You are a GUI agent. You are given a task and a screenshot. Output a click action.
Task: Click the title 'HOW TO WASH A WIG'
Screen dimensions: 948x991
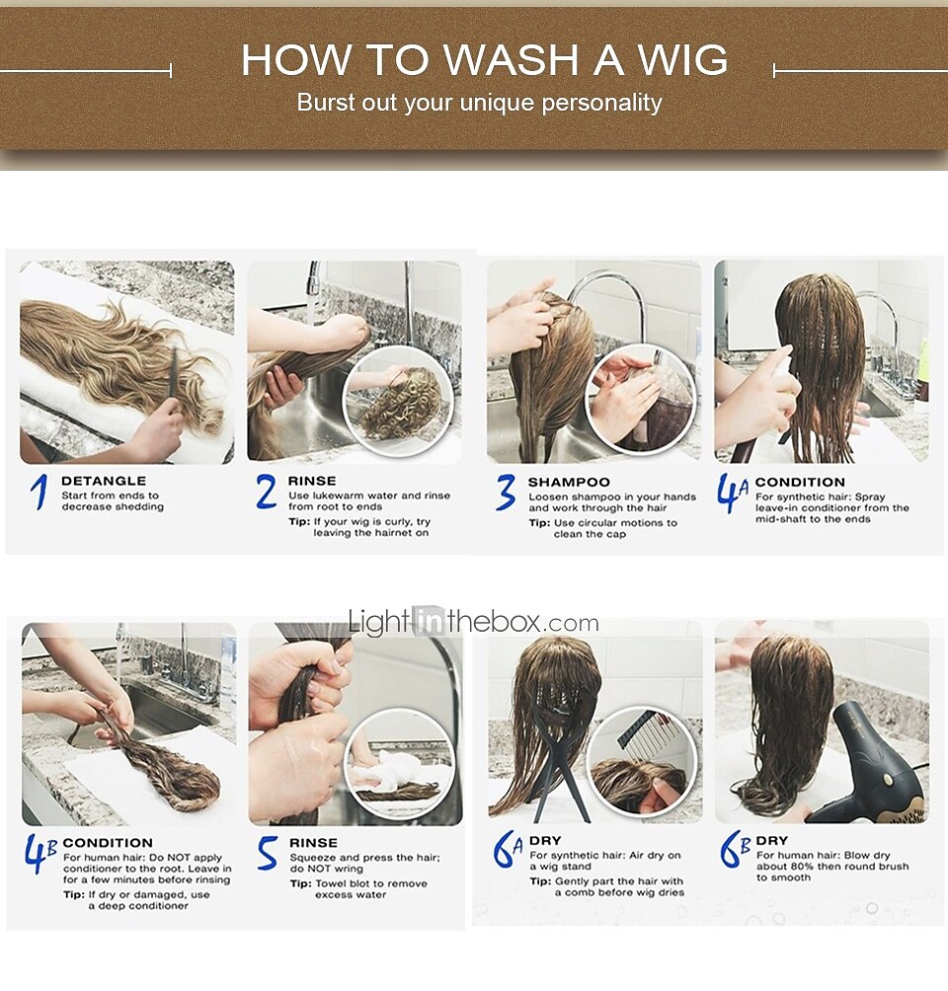click(x=485, y=60)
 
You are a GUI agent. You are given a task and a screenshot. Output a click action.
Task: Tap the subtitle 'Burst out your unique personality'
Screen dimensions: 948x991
click(x=479, y=103)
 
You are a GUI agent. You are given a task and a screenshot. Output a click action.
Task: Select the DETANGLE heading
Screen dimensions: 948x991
click(x=104, y=481)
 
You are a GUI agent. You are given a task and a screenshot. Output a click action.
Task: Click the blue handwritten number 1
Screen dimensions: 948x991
click(x=39, y=492)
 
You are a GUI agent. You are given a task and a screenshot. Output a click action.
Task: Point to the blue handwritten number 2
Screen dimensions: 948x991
click(x=267, y=492)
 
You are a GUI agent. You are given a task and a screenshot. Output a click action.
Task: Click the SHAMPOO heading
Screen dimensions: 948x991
click(x=569, y=483)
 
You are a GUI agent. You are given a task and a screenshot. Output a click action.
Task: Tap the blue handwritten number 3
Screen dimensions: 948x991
click(x=506, y=493)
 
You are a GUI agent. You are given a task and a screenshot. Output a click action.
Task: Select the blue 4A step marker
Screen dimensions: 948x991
click(x=733, y=493)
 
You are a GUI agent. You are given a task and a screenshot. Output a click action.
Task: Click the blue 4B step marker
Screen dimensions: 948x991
click(x=40, y=853)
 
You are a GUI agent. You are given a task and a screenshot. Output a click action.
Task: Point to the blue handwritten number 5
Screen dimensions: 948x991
click(x=267, y=853)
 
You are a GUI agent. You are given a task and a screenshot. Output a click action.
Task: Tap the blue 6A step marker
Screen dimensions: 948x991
click(x=508, y=850)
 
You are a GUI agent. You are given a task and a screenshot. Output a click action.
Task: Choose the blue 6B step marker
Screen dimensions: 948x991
click(x=735, y=850)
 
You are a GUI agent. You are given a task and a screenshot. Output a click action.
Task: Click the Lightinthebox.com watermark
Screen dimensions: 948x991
click(x=473, y=622)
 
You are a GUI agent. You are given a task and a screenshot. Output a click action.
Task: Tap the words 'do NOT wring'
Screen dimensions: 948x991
click(x=326, y=869)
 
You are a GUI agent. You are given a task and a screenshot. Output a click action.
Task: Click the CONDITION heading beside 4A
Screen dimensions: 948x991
click(x=800, y=483)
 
